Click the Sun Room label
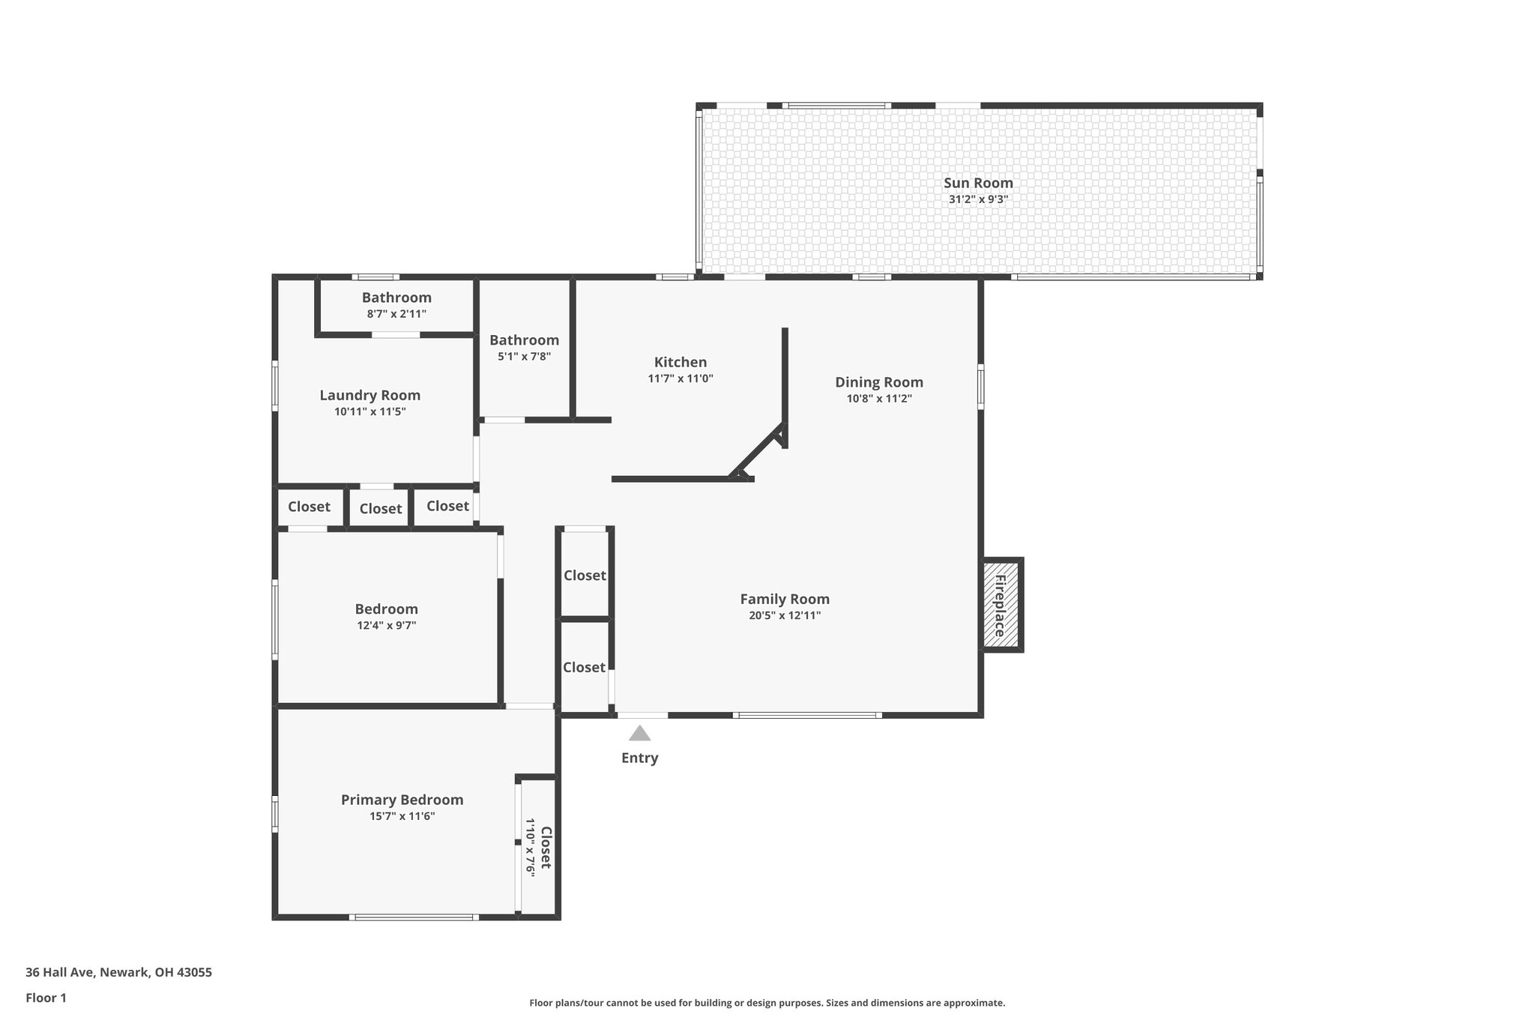pyautogui.click(x=977, y=183)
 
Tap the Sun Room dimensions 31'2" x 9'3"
pyautogui.click(x=977, y=200)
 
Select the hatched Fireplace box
pyautogui.click(x=1001, y=605)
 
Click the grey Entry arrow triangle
pyautogui.click(x=639, y=734)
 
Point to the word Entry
pyautogui.click(x=639, y=758)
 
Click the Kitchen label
pyautogui.click(x=680, y=363)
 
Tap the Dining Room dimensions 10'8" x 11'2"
pyautogui.click(x=878, y=399)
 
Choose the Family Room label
pyautogui.click(x=784, y=599)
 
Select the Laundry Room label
pyautogui.click(x=370, y=395)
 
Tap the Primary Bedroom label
pyautogui.click(x=402, y=800)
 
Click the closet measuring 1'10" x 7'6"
pyautogui.click(x=538, y=848)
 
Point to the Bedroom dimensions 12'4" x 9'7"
pyautogui.click(x=386, y=626)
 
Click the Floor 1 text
pyautogui.click(x=46, y=998)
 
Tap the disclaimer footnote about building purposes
pyautogui.click(x=767, y=1003)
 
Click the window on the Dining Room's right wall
pyautogui.click(x=980, y=387)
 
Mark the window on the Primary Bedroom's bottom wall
pyautogui.click(x=414, y=917)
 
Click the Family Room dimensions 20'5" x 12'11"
pyautogui.click(x=784, y=616)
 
